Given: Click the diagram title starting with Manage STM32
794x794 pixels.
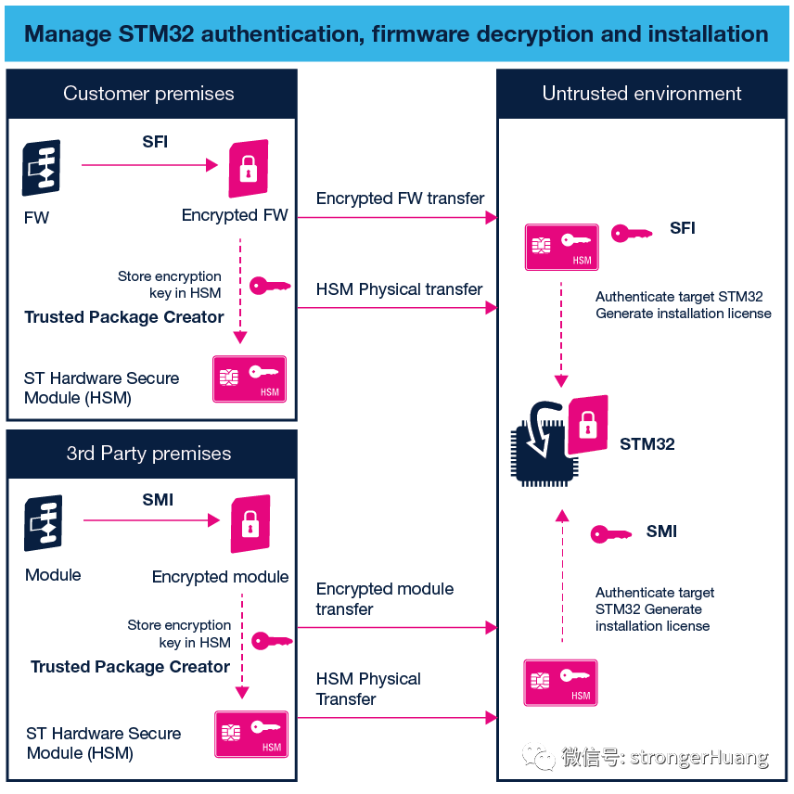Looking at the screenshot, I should tap(396, 34).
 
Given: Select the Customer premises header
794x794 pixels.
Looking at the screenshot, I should tap(148, 94).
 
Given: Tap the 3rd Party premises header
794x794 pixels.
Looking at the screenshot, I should tap(148, 454).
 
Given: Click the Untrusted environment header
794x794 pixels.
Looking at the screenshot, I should tap(642, 94).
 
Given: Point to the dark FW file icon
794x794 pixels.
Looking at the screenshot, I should tap(41, 168).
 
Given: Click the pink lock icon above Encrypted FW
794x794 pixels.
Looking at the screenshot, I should tap(249, 168).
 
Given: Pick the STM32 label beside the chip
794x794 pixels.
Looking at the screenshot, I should tap(647, 444).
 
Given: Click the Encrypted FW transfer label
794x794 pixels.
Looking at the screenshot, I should tap(400, 198).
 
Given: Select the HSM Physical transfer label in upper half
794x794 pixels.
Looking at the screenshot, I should tap(399, 289).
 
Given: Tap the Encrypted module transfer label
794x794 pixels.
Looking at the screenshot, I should tap(385, 599).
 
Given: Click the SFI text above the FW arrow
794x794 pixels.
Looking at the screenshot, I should tap(155, 143).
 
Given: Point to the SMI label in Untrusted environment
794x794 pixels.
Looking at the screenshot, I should tap(661, 531).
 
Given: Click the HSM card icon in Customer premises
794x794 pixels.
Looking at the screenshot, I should tap(250, 378).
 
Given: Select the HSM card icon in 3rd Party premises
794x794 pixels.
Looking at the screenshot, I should tap(251, 734).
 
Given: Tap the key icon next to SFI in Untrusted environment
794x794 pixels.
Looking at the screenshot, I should tap(632, 233).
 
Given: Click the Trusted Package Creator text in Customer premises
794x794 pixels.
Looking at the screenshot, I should tap(124, 317).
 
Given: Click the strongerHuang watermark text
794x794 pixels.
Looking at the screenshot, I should tap(698, 758).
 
